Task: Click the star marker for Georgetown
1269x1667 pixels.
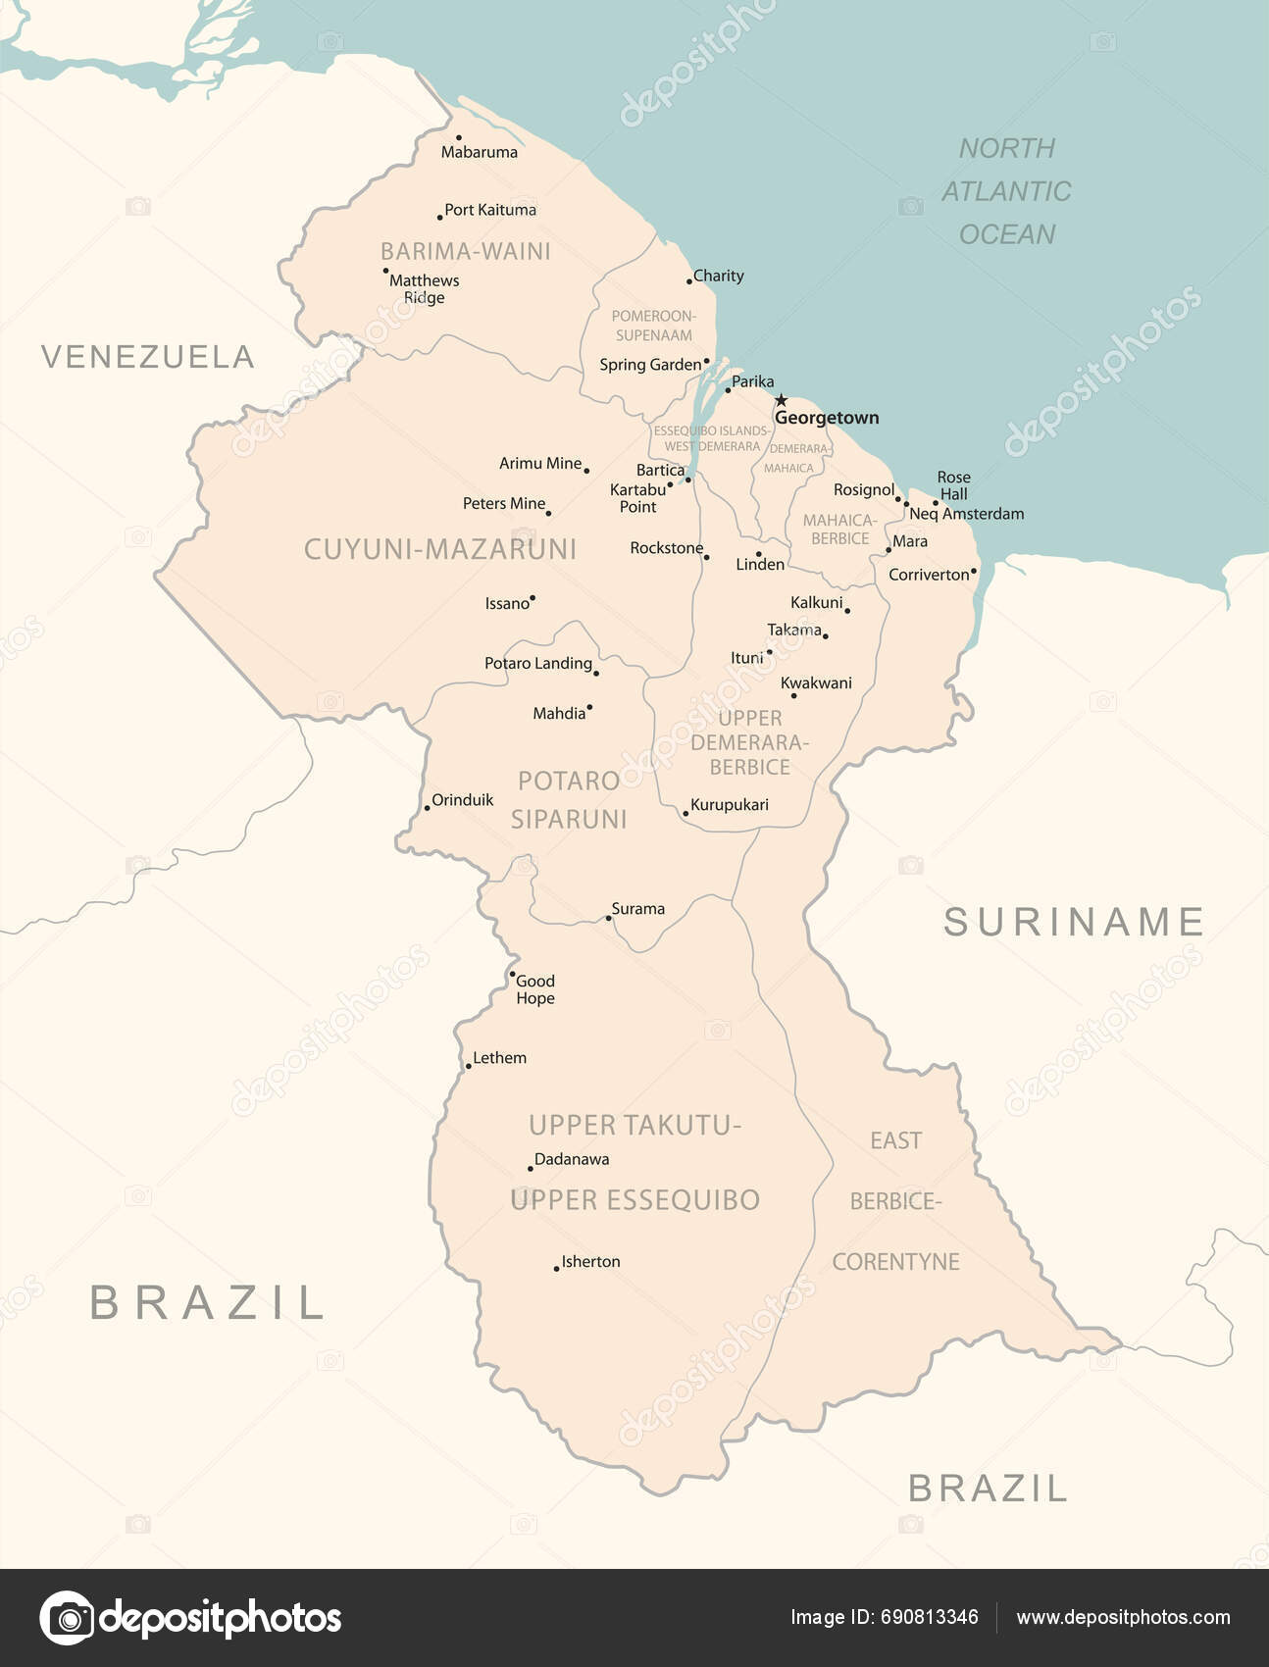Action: (x=781, y=400)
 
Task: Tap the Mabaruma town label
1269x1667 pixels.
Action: (x=479, y=152)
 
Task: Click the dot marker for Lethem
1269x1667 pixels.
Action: (x=469, y=1066)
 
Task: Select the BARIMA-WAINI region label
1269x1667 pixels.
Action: (x=466, y=251)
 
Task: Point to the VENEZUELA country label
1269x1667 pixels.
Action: (x=148, y=357)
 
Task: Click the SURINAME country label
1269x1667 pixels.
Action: (x=1074, y=922)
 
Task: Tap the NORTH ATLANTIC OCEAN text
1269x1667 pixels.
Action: (x=1006, y=191)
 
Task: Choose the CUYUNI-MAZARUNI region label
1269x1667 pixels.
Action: (x=440, y=549)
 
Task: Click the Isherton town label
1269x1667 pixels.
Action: (x=590, y=1262)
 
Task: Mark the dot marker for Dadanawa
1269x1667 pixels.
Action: (x=531, y=1169)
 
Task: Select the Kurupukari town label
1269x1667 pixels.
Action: (x=729, y=805)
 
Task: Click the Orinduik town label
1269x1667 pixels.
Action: (x=462, y=800)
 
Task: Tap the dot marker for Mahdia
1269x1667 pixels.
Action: (x=589, y=707)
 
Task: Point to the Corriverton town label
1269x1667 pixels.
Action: (x=929, y=575)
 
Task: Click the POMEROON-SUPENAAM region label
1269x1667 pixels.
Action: (x=653, y=326)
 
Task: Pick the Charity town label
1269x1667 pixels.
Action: (x=718, y=276)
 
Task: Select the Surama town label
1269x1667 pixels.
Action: (x=637, y=909)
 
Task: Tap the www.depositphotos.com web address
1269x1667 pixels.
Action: (x=1123, y=1617)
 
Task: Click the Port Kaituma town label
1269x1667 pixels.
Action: (x=490, y=210)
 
